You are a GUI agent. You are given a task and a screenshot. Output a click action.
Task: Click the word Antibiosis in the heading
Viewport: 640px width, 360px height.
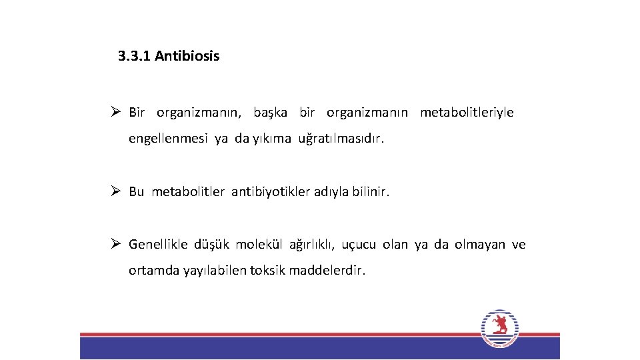[187, 56]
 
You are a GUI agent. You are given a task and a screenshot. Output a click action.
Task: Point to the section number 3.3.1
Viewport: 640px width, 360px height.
[135, 56]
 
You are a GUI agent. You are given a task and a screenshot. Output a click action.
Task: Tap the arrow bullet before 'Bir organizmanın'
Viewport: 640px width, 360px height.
[115, 112]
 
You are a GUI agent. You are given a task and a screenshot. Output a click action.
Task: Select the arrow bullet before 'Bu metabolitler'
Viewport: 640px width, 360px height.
[115, 191]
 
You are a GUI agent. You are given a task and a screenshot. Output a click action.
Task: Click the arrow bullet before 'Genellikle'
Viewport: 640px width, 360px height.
[115, 244]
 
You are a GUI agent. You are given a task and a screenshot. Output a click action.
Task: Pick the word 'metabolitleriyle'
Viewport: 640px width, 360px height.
[467, 112]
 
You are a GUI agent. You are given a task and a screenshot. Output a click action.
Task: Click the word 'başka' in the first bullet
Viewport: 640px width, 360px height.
[270, 112]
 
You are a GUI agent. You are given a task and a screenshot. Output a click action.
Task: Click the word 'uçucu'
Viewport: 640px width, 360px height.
[359, 245]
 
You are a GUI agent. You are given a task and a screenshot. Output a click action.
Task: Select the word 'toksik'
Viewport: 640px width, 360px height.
[267, 271]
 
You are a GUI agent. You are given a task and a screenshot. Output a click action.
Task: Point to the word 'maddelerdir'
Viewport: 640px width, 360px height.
[327, 271]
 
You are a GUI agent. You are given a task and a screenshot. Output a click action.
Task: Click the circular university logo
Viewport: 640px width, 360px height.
[499, 328]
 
